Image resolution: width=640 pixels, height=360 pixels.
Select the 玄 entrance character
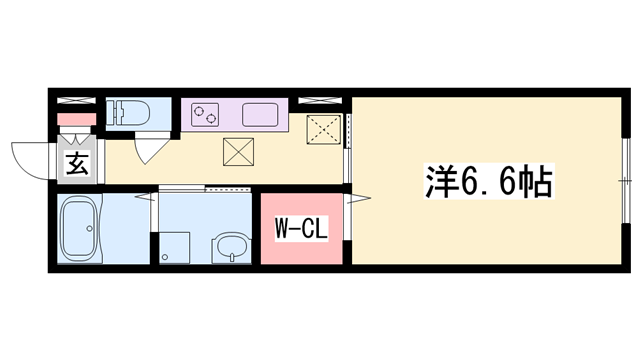pyautogui.click(x=77, y=166)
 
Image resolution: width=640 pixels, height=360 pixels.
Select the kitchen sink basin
pyautogui.click(x=259, y=114)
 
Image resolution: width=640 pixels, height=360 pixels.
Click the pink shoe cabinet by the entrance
pyautogui.click(x=76, y=121)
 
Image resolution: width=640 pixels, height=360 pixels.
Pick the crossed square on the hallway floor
pyautogui.click(x=237, y=152)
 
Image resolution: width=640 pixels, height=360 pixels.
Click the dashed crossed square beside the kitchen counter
pyautogui.click(x=324, y=130)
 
